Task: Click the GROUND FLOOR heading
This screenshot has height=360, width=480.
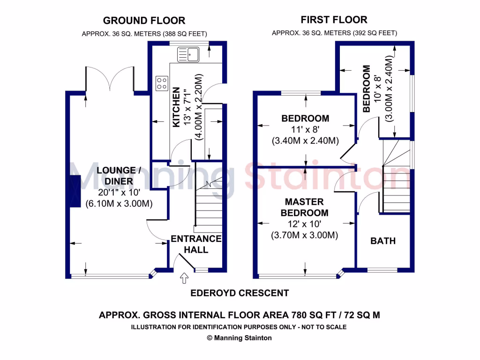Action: point(144,21)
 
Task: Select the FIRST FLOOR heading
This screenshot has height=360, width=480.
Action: point(334,20)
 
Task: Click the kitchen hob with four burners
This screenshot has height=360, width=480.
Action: point(162,83)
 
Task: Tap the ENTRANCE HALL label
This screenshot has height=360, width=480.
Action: point(196,244)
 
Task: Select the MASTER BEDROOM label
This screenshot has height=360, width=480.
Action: point(305,207)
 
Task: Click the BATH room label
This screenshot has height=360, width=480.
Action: point(383,241)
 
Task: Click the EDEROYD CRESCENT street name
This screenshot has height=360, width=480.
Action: point(240,293)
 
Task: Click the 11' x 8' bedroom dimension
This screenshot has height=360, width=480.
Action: point(305,130)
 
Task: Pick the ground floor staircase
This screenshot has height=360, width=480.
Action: point(208,206)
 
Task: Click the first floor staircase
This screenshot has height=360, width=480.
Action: point(396,178)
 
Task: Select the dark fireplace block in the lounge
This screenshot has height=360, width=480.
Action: point(75,191)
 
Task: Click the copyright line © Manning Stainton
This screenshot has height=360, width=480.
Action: point(240,337)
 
